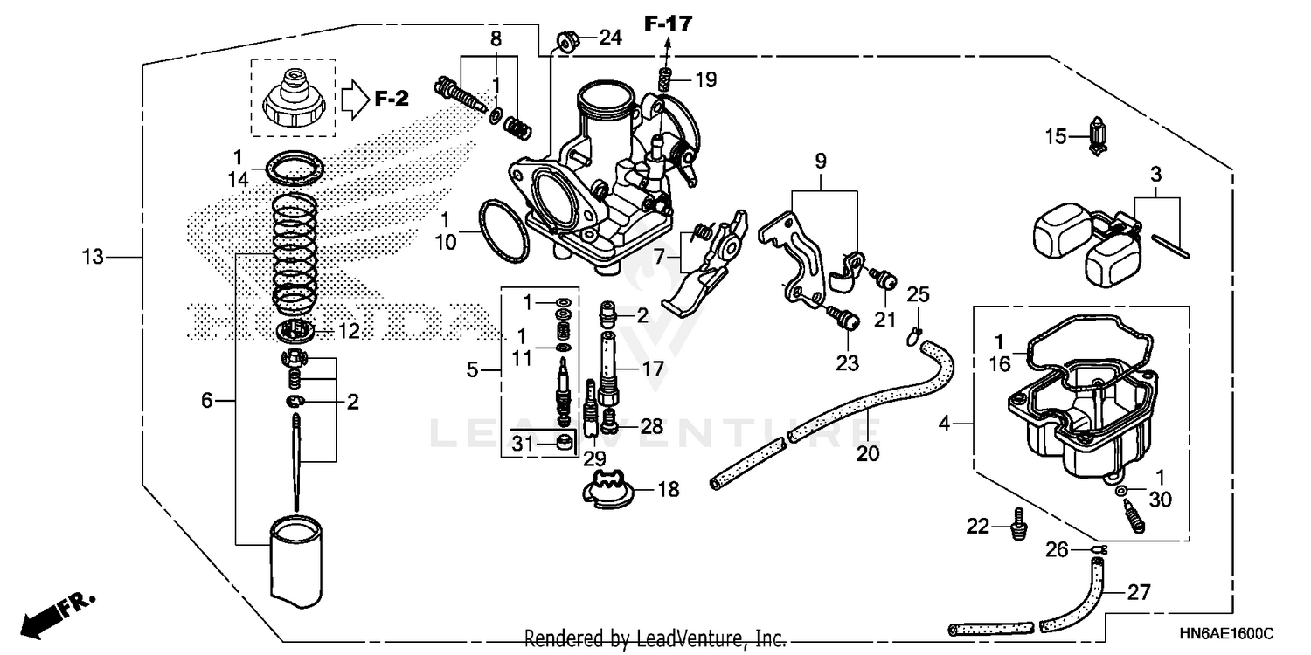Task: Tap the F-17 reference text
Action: (x=668, y=24)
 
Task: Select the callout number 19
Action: (x=705, y=80)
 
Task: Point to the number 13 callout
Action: (x=93, y=258)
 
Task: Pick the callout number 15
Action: (x=1056, y=137)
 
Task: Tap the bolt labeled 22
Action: (x=1017, y=525)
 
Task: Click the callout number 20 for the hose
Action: (x=868, y=454)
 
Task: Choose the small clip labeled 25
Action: (x=915, y=332)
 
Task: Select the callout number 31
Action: (x=522, y=444)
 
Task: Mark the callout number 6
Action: (x=206, y=401)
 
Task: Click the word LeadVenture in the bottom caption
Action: (x=693, y=638)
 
